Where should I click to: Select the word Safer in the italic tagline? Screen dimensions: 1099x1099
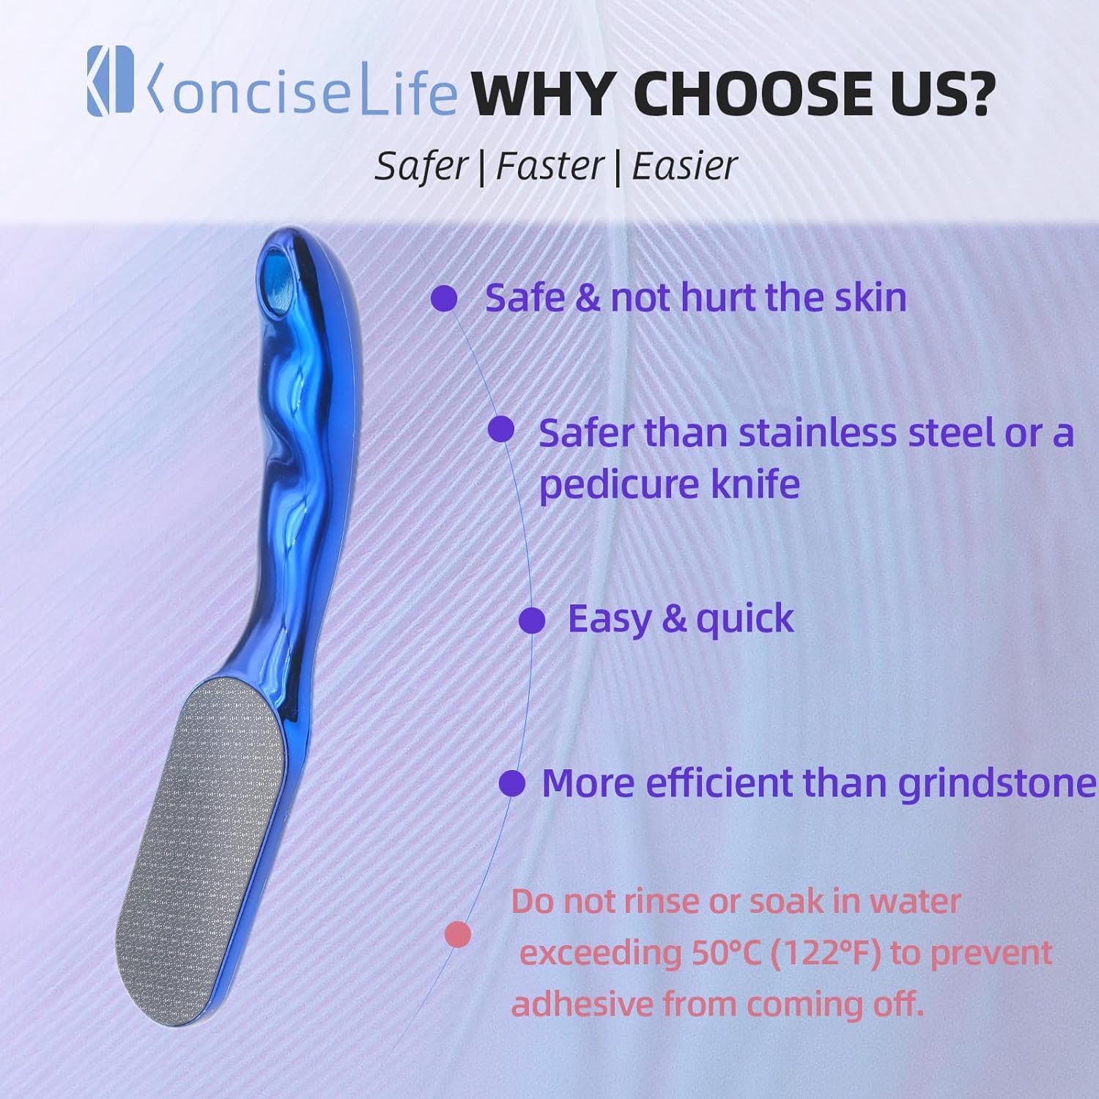[x=421, y=166]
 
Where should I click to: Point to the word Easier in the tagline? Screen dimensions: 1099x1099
[x=684, y=166]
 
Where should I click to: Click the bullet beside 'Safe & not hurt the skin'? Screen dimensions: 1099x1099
[x=443, y=298]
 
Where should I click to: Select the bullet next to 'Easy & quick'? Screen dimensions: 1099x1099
[x=532, y=621]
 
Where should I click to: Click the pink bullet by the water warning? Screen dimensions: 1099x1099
[x=458, y=934]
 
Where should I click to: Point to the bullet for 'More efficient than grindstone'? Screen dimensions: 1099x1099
[x=512, y=783]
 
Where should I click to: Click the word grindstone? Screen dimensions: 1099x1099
[x=998, y=783]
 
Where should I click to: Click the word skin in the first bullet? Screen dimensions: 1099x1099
[x=870, y=297]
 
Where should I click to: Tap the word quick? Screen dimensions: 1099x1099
[x=744, y=621]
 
